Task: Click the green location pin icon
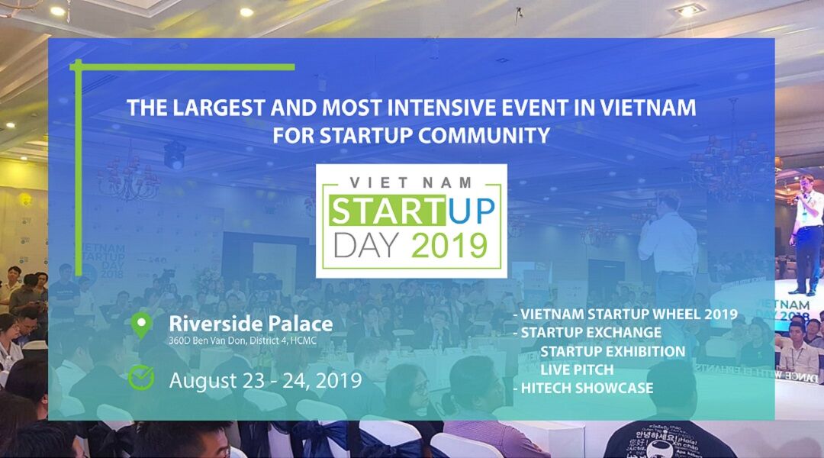tap(141, 325)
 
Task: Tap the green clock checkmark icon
tap(141, 377)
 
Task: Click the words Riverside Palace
tap(251, 324)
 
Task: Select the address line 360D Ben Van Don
tap(243, 340)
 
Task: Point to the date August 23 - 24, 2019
tap(266, 380)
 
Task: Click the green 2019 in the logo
tap(449, 245)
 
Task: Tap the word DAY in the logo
tap(366, 245)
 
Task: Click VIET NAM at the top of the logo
tap(410, 182)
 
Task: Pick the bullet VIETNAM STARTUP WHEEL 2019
tap(626, 314)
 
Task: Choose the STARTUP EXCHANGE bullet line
tap(587, 332)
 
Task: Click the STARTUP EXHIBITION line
tap(613, 350)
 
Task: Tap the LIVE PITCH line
tap(577, 369)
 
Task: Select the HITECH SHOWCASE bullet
tap(584, 388)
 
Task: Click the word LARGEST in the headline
tap(218, 108)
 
